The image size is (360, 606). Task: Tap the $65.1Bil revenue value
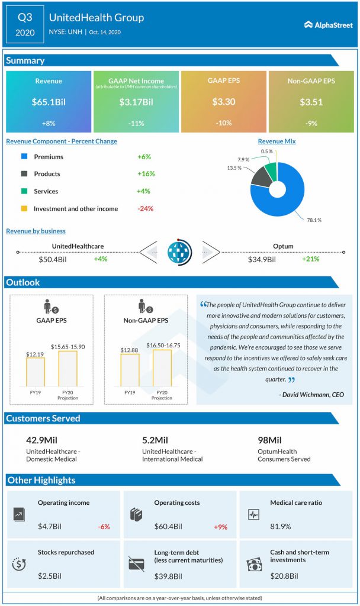[x=49, y=102]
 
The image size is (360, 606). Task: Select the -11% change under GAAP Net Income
[x=136, y=123]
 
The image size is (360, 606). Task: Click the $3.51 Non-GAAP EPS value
[x=310, y=102]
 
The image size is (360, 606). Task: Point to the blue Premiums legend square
[x=24, y=157]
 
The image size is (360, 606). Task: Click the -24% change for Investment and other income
[x=145, y=208]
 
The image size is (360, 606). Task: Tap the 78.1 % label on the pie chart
[x=314, y=220]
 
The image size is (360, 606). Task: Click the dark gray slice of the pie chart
[x=261, y=177]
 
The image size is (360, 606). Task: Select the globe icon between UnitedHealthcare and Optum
[x=180, y=252]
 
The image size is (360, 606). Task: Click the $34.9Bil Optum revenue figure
[x=263, y=259]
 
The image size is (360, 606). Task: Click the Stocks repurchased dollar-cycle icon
[x=20, y=564]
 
